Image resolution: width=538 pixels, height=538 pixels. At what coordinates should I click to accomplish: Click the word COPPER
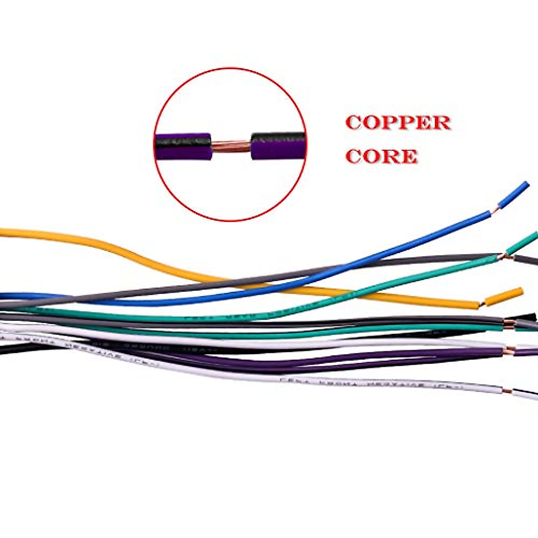coord(398,123)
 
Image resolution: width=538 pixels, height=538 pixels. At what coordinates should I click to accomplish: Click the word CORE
coord(382,156)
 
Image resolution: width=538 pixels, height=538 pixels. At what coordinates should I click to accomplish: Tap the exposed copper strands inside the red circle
coord(230,146)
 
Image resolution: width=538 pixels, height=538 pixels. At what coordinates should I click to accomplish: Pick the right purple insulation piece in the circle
coord(278,146)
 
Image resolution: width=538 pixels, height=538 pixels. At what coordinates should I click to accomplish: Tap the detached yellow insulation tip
coord(504,296)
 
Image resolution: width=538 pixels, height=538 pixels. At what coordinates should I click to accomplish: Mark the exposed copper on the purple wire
coord(508,351)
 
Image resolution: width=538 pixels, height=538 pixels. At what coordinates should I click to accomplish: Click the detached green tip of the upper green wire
coord(522,243)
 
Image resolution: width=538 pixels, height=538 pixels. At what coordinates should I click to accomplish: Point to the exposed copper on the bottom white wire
coord(507,392)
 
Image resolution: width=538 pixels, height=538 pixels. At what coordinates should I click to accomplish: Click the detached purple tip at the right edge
coord(527,352)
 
